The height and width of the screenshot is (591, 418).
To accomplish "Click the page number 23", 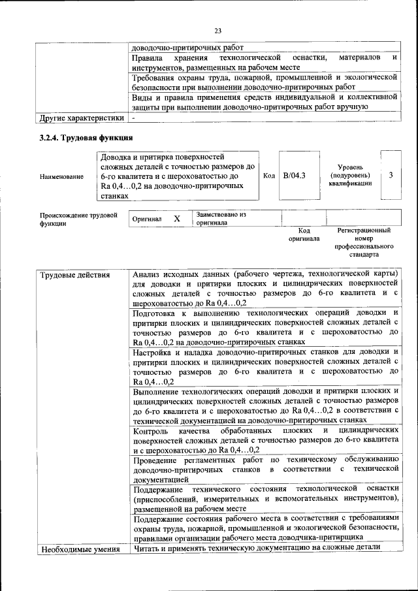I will [x=217, y=30].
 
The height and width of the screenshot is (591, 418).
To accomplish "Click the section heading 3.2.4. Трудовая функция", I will [x=86, y=138].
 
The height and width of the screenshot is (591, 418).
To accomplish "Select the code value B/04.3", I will [x=295, y=176].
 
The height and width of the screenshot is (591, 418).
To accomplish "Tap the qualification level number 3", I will [x=391, y=175].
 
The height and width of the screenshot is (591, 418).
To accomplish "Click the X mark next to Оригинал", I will [x=176, y=219].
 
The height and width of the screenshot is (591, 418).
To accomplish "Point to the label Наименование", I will [x=61, y=176].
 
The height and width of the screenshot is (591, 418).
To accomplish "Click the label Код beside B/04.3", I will [x=268, y=176].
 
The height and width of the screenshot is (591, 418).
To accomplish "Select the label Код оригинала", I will [x=304, y=234].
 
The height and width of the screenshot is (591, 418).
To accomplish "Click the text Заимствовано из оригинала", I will [x=221, y=218].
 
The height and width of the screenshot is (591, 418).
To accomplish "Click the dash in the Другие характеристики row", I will [x=133, y=118].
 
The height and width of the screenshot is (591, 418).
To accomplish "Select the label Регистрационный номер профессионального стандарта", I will [x=364, y=242].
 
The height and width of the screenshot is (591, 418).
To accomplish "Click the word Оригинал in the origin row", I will [x=147, y=220].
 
